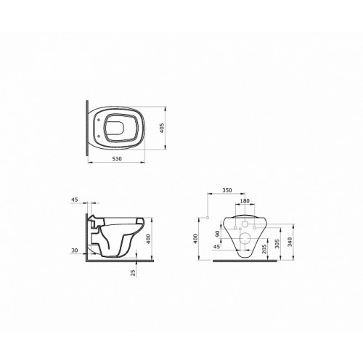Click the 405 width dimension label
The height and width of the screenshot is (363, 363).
[x=162, y=128]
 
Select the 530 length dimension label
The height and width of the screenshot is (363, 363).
[x=117, y=159]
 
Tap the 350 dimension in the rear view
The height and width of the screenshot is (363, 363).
[x=227, y=190]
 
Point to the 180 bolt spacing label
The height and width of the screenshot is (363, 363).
[x=245, y=200]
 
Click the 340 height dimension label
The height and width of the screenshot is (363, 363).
[x=290, y=242]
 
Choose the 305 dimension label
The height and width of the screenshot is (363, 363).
[x=277, y=243]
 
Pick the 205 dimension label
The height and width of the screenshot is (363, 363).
[x=264, y=248]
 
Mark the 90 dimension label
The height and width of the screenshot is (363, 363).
[x=217, y=234]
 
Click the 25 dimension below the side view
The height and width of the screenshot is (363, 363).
[x=133, y=273]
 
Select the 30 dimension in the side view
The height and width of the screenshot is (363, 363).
[x=75, y=250]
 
